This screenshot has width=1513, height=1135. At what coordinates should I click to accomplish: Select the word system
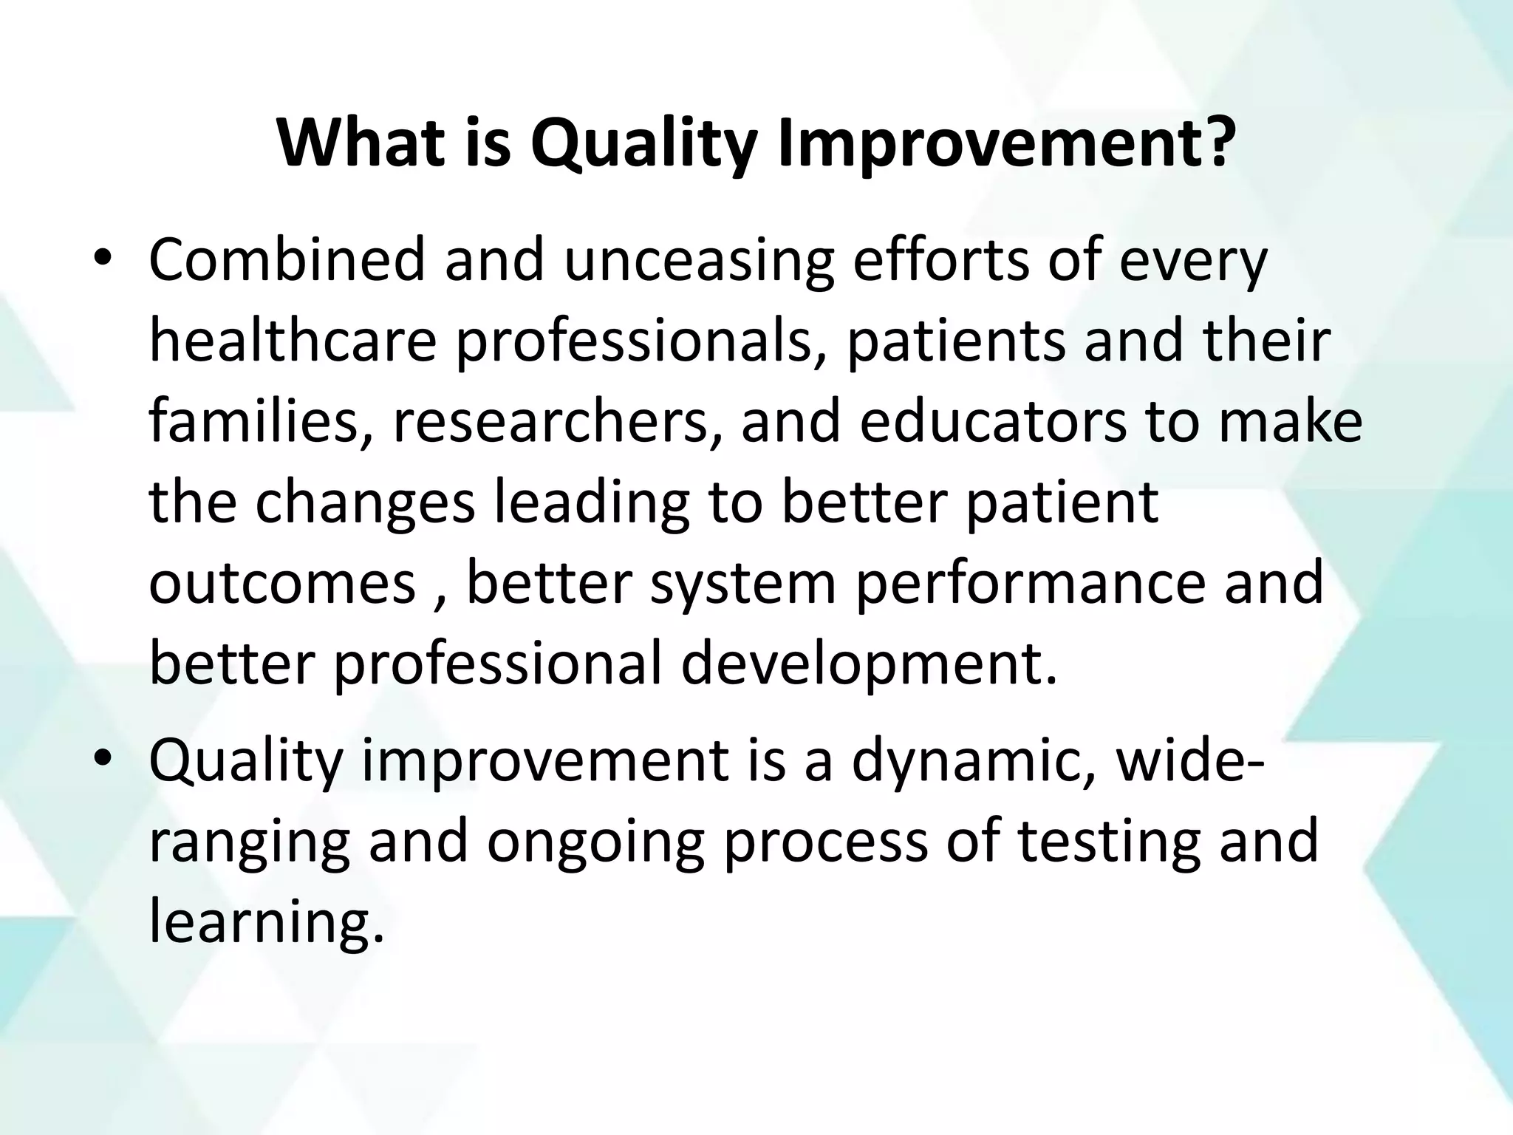pyautogui.click(x=743, y=584)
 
